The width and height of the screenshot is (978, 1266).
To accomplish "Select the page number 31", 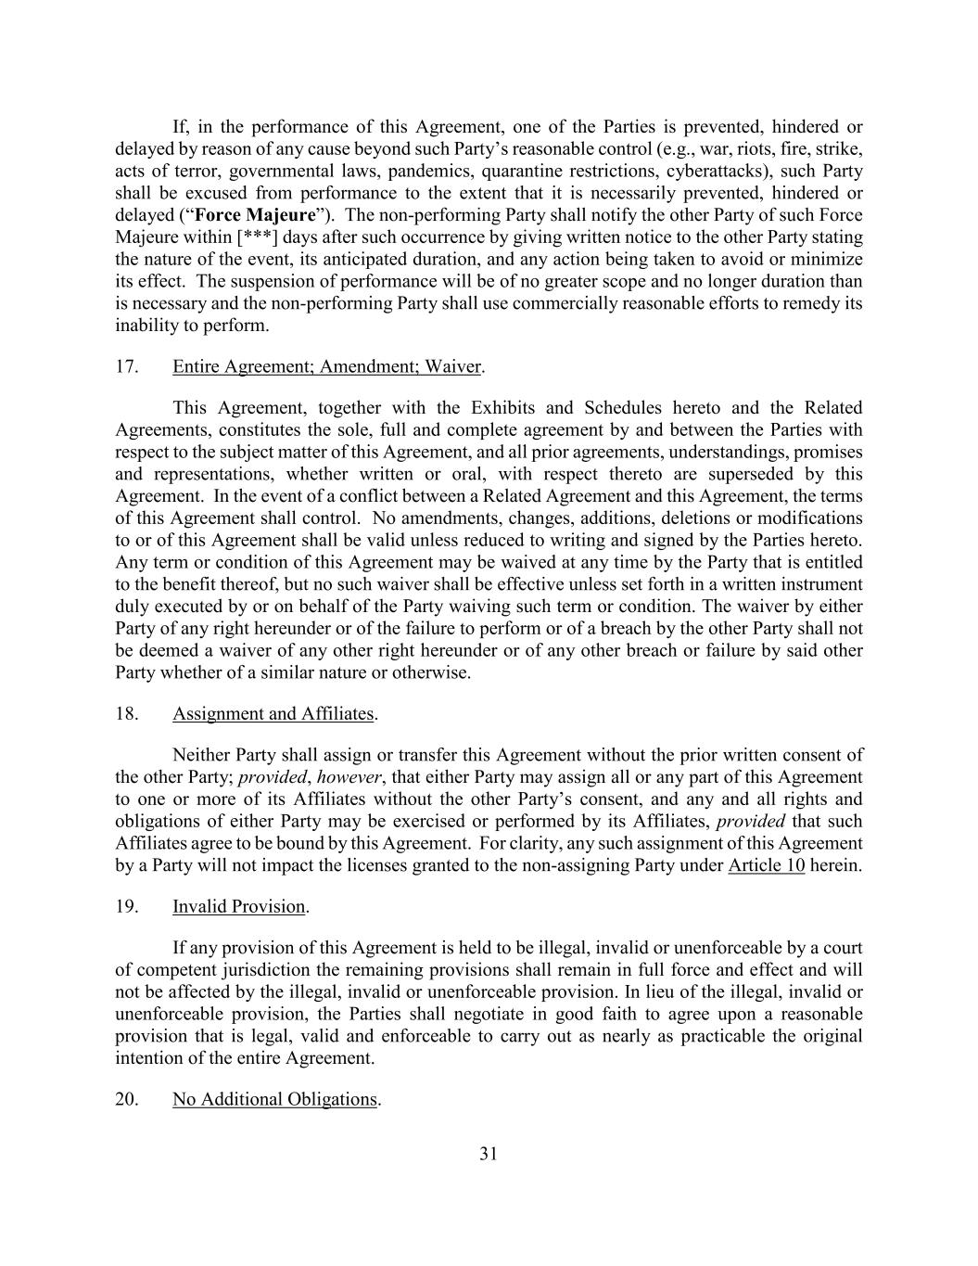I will point(489,1154).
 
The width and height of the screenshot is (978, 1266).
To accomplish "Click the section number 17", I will point(127,366).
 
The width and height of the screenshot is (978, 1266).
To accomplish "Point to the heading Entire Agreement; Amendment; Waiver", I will point(326,366).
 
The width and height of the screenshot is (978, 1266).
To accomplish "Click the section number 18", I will point(127,714).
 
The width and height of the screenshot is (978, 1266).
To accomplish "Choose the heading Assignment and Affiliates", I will point(273,714).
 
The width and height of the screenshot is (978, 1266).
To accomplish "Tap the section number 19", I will point(127,907).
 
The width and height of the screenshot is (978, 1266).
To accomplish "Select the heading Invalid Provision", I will point(238,907).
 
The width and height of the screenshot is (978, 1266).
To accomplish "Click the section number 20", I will point(127,1100).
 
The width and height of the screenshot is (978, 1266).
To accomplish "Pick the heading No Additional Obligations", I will point(274,1100).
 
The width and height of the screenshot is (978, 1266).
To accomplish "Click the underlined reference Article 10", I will point(766,866).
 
